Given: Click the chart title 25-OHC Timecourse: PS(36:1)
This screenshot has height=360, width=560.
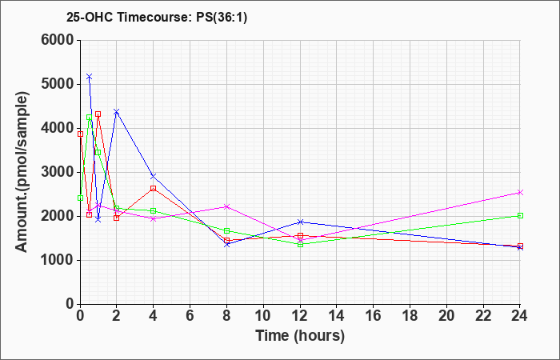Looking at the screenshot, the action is [157, 18].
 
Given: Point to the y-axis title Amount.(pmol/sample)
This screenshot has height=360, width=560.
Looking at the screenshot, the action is [22, 172].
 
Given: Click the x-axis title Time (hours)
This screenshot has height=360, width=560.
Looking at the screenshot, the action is [300, 336].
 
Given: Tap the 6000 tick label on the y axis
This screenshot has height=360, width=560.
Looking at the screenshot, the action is [58, 40].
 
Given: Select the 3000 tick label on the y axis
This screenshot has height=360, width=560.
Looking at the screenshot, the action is [58, 173].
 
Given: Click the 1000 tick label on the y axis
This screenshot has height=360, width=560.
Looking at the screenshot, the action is [58, 260].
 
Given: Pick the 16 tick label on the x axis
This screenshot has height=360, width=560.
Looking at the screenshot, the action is [374, 316].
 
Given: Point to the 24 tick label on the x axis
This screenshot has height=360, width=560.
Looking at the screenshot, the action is [520, 316].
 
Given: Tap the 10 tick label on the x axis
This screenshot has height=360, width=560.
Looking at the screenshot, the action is [263, 316].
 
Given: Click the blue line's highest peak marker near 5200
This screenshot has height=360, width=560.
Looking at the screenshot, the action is [90, 77].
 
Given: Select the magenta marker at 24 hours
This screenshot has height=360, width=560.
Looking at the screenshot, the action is [520, 193].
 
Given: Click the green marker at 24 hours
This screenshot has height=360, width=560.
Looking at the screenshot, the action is [520, 216].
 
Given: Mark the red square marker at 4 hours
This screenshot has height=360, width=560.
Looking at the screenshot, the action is [154, 188].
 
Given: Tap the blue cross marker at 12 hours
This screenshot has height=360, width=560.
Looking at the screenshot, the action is [300, 222].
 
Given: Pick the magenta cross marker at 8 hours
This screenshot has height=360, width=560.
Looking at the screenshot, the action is [226, 206].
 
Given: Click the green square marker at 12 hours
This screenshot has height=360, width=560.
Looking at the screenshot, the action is [300, 245].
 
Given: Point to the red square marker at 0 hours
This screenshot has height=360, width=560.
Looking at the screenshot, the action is [80, 134].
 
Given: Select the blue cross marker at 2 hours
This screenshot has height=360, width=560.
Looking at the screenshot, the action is [117, 112].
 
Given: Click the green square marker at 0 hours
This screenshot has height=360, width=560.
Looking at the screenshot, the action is [80, 198].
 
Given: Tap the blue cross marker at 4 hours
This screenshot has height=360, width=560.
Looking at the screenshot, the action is [154, 176].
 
